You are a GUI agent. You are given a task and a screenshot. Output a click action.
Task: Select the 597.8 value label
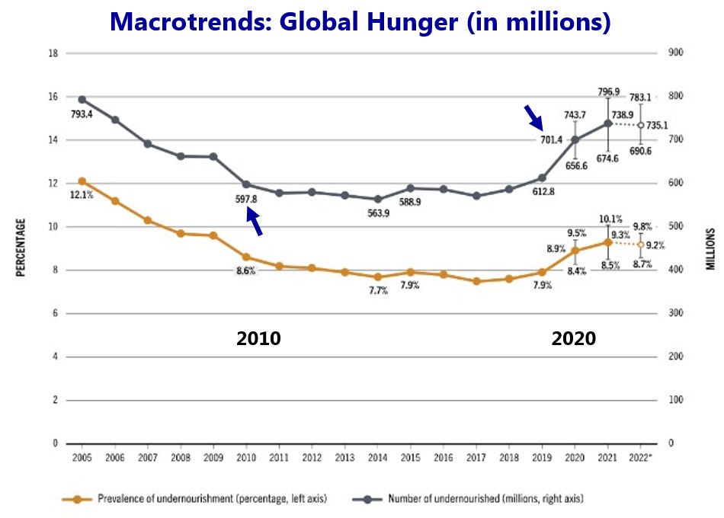245,199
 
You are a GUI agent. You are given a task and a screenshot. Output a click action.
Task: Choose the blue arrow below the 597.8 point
255,223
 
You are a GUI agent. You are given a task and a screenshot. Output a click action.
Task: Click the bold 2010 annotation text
258,338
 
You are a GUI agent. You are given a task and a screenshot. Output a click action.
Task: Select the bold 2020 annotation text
574,338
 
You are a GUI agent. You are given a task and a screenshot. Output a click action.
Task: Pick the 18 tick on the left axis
53,53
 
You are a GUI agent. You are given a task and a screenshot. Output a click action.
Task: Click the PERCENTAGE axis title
21,248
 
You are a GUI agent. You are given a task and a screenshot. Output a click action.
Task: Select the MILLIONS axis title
710,248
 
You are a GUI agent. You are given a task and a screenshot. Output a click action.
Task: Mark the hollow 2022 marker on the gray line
640,125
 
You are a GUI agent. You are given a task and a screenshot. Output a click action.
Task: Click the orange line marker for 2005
82,181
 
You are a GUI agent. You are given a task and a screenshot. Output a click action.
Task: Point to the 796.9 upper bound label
608,91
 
